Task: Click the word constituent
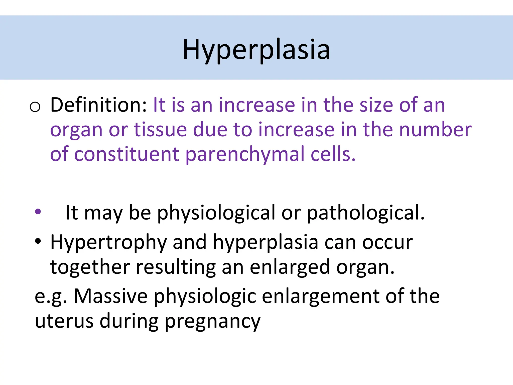126,154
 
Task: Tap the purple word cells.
333,154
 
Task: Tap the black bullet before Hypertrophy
38,241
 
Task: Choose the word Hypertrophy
108,243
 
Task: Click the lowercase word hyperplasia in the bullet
266,243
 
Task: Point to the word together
90,267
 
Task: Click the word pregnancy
213,322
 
